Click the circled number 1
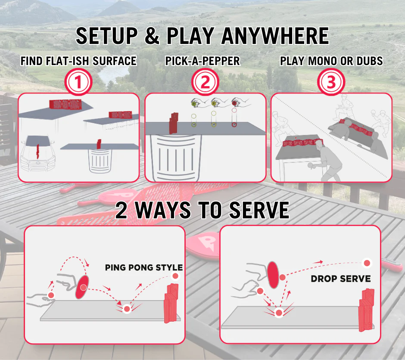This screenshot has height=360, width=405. [78, 83]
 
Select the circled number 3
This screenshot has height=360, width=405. [331, 83]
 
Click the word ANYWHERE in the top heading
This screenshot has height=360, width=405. [275, 36]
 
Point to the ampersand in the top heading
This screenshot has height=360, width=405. [152, 36]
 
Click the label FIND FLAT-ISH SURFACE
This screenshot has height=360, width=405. [78, 61]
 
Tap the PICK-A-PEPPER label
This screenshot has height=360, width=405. [202, 61]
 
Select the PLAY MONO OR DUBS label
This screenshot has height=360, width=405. [331, 61]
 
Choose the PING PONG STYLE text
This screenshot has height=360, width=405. [144, 267]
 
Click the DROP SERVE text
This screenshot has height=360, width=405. [340, 279]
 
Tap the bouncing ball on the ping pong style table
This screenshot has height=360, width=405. [127, 309]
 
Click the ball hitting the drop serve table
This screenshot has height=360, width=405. [279, 313]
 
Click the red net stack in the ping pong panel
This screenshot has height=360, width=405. [171, 302]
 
